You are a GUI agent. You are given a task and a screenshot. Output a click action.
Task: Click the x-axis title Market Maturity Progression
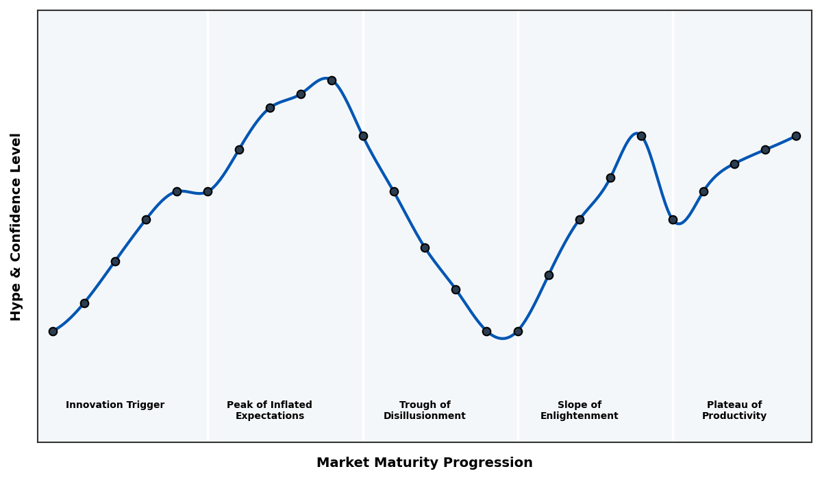424,463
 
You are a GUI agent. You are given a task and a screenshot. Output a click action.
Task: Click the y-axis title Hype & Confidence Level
16,226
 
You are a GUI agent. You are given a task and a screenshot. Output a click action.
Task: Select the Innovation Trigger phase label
115,405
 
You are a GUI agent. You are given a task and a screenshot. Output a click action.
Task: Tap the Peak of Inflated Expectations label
269,410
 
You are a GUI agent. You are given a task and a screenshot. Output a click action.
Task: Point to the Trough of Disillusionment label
424,410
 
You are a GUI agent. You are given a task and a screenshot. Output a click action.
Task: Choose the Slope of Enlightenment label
579,410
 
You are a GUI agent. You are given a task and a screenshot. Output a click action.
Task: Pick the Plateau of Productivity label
734,410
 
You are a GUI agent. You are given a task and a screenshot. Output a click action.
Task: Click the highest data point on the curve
332,80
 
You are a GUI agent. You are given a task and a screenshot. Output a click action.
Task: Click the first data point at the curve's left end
53,331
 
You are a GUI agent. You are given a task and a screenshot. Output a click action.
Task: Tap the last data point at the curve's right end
796,136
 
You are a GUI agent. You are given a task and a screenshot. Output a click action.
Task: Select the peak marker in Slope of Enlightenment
641,136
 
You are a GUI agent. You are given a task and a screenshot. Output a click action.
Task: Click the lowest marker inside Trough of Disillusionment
486,331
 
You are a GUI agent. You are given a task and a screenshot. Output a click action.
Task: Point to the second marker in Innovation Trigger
84,303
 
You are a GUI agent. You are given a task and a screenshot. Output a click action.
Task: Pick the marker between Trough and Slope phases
518,331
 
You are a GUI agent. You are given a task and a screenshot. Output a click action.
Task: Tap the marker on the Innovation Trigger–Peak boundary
208,191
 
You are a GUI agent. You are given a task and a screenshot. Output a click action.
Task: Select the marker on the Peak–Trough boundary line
363,136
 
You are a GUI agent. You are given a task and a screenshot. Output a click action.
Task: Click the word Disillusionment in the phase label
424,416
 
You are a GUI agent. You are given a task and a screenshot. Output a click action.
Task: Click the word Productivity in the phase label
734,416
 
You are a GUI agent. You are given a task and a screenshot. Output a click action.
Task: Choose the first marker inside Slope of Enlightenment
549,275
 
